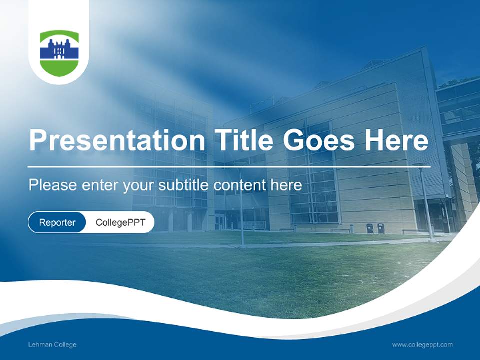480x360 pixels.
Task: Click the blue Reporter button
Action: [57, 222]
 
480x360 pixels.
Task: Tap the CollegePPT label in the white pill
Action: [120, 222]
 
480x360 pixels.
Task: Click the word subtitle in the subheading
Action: [184, 185]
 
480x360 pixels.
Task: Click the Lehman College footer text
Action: [52, 345]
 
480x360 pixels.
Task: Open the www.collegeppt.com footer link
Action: [422, 345]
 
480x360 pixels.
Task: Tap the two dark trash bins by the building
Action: [375, 228]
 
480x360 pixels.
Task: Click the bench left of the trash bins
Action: [341, 230]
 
